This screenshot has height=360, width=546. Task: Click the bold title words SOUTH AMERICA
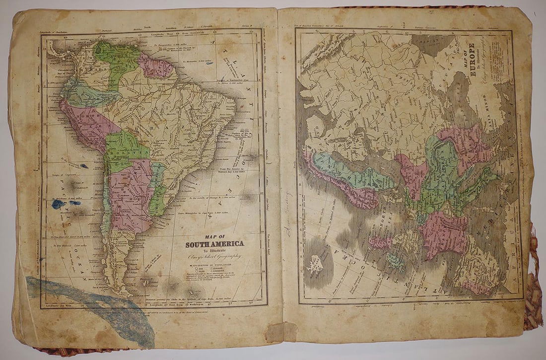pyautogui.click(x=214, y=244)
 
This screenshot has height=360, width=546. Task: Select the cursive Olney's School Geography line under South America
pyautogui.click(x=213, y=257)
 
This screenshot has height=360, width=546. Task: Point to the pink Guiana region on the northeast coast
pyautogui.click(x=155, y=67)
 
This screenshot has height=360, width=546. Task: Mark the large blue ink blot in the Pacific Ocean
pyautogui.click(x=58, y=204)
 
